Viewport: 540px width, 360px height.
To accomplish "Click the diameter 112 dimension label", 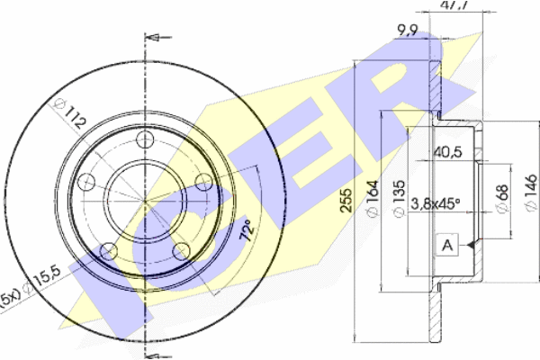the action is click(69, 113).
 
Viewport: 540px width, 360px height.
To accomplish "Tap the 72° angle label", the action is click(247, 229).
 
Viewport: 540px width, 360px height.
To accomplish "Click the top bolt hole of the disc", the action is click(145, 139).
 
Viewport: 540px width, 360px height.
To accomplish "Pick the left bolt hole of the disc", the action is click(86, 182).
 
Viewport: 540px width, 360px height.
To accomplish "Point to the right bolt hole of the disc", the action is click(203, 182).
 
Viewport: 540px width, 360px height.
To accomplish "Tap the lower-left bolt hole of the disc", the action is click(109, 251).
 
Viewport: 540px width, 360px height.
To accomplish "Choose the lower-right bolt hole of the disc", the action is click(181, 251).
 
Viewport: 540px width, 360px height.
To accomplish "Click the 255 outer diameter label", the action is click(346, 200).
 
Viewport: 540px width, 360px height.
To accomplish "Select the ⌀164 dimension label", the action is click(373, 198).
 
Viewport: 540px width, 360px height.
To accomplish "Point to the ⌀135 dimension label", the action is click(399, 199).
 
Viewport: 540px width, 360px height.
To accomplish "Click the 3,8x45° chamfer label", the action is click(436, 203).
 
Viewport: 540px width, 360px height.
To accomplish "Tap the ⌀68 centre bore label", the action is click(502, 199).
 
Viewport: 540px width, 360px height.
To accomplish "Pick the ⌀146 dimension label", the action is click(530, 193).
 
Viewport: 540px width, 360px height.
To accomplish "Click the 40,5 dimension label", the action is click(447, 152).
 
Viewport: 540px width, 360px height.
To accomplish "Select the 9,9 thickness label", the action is click(408, 31).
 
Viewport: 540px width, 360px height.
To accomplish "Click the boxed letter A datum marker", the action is click(447, 246).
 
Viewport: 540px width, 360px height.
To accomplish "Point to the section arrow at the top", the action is click(158, 37).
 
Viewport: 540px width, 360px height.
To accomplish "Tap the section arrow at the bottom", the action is click(158, 356).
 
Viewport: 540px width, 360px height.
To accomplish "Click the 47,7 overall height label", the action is click(454, 4).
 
